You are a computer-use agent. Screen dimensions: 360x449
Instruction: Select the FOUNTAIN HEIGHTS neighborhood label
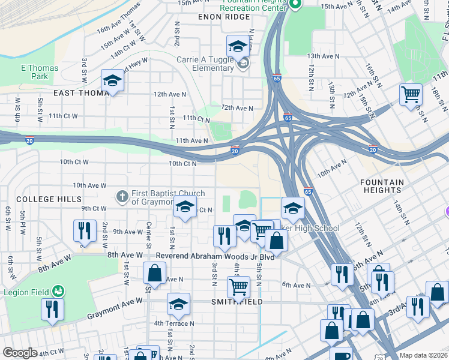390,186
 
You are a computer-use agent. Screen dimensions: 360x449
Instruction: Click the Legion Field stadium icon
58,291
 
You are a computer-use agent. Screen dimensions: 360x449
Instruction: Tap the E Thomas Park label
40,72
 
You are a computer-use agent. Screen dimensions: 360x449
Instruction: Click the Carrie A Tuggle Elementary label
204,64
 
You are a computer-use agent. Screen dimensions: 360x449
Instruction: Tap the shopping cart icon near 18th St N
411,94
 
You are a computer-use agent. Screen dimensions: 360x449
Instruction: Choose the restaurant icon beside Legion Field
52,308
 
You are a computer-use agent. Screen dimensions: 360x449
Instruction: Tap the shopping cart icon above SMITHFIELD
238,287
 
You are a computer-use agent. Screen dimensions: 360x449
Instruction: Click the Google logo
20,353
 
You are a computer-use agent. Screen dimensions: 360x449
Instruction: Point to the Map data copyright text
423,355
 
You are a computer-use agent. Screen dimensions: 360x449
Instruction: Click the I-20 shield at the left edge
29,141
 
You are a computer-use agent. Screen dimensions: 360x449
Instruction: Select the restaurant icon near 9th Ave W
85,230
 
